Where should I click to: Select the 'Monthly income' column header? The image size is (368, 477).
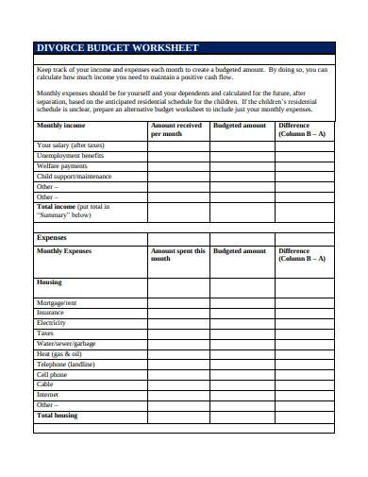pos(60,125)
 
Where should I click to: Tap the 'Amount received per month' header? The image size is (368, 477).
pos(176,129)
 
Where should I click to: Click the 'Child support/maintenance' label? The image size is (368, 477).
pos(74,177)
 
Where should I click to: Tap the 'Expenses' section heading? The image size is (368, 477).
pos(51,238)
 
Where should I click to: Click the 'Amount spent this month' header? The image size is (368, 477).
pos(178,256)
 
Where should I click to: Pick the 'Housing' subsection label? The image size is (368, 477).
pos(49,282)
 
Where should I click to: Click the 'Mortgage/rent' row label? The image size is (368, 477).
pos(57,302)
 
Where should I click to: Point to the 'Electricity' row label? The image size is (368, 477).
pos(51,323)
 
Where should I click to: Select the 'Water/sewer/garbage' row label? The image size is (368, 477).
pos(66,344)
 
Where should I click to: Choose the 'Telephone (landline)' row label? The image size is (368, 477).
pos(66,365)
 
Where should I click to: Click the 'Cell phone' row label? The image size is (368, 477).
pos(52,375)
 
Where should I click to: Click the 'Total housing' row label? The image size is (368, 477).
pos(57,416)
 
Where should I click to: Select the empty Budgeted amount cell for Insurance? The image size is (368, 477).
pos(242,313)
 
